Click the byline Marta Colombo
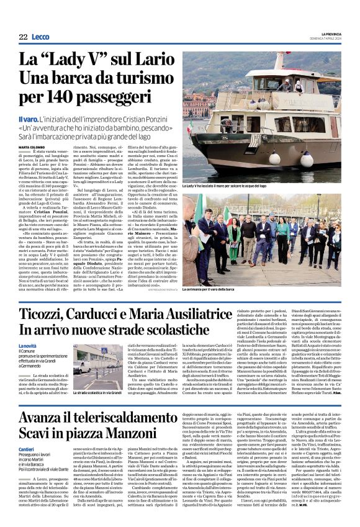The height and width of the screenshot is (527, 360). [x=32, y=147]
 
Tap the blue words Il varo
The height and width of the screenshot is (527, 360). [x=29, y=119]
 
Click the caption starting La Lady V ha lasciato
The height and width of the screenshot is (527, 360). [x=223, y=186]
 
